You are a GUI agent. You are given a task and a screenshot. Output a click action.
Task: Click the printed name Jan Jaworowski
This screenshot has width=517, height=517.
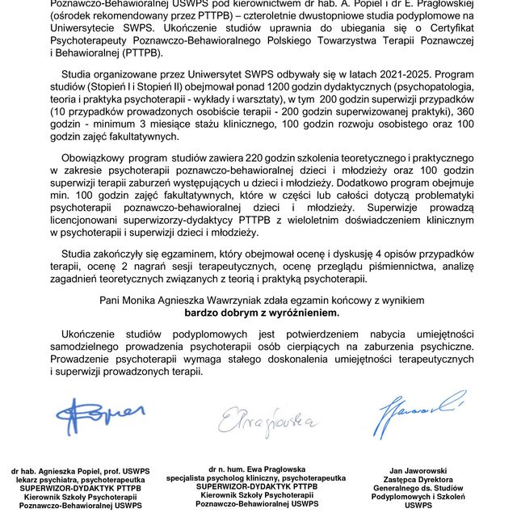click(418, 470)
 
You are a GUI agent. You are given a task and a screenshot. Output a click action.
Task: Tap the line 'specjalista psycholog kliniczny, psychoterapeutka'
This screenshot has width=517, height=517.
click(257, 477)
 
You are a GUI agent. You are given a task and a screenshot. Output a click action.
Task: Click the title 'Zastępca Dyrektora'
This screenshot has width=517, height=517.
click(418, 479)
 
